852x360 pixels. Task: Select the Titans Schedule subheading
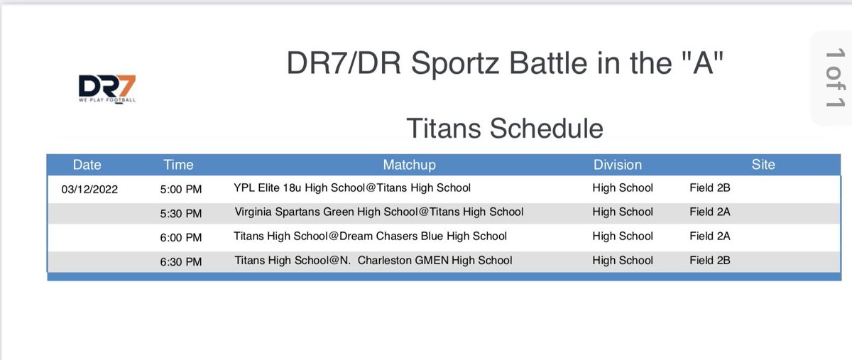click(504, 129)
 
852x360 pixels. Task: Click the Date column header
click(87, 165)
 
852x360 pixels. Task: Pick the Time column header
click(178, 165)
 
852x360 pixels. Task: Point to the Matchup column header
click(409, 165)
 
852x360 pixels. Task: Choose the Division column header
click(618, 165)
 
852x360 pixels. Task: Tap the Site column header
click(763, 165)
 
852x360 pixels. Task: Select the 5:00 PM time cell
click(181, 189)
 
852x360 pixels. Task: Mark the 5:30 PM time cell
click(181, 212)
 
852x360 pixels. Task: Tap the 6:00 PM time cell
click(181, 236)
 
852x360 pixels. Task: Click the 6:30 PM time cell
click(181, 261)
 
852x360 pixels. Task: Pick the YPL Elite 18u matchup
click(352, 188)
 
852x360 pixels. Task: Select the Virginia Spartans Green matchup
click(378, 212)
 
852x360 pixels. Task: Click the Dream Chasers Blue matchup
click(371, 236)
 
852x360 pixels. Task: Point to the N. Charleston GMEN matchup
click(373, 260)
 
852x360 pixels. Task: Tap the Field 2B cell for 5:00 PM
click(709, 188)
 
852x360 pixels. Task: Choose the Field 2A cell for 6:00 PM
click(709, 236)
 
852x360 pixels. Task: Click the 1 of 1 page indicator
click(832, 79)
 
